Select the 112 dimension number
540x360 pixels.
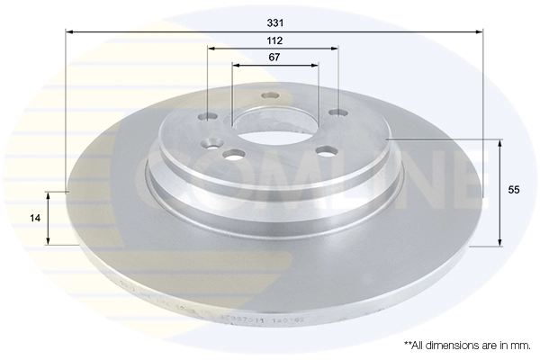click(274, 40)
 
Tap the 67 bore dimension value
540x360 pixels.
click(274, 57)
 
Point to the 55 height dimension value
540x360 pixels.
click(515, 191)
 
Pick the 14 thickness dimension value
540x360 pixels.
click(33, 218)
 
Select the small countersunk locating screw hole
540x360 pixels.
click(213, 141)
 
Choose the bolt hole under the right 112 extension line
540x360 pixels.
click(337, 112)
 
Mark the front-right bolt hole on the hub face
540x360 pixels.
click(321, 149)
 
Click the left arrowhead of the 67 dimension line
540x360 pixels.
click(236, 65)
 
